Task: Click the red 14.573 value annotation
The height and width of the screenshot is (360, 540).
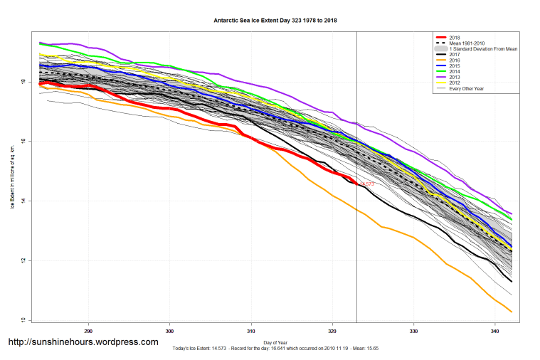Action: click(x=366, y=184)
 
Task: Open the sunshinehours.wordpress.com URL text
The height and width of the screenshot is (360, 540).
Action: click(x=83, y=342)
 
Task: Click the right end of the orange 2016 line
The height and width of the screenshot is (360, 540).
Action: click(x=512, y=312)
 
